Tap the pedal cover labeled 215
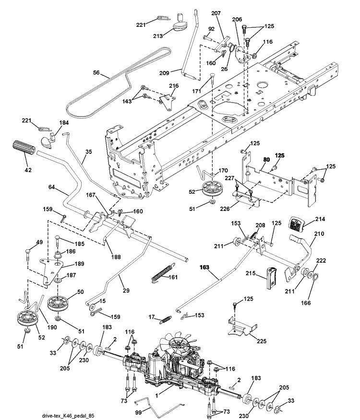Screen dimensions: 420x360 coord(271,278)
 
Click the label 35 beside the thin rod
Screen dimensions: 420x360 coord(88,152)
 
